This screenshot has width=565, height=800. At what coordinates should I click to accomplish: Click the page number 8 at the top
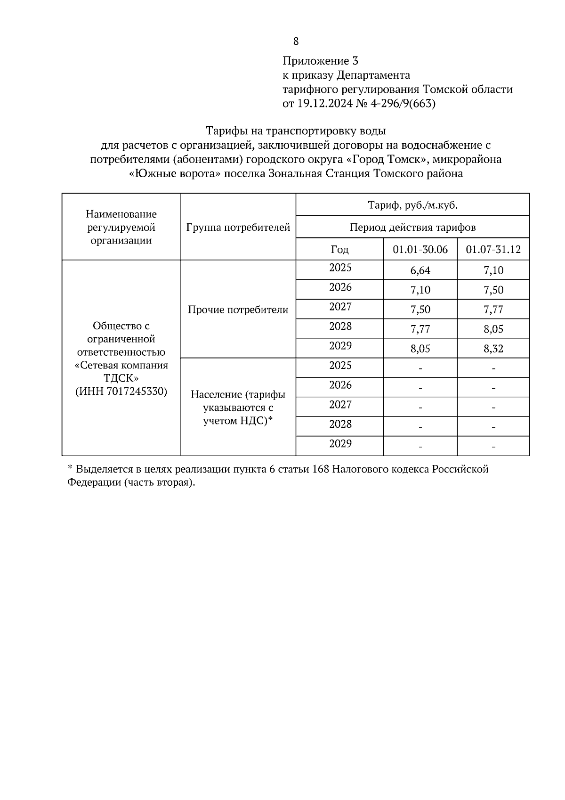coord(296,41)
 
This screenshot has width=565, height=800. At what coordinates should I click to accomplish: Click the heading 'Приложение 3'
coord(320,61)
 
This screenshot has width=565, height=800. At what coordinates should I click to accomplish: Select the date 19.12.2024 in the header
coord(324,104)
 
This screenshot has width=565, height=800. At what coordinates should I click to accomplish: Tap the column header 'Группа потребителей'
coord(238,228)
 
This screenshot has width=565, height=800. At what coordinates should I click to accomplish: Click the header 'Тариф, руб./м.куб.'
coord(412,205)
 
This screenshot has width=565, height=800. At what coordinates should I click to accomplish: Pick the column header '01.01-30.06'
coord(420,249)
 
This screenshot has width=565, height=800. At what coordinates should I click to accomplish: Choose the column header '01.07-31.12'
coord(493,249)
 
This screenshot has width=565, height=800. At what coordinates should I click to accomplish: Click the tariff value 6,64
coord(420,270)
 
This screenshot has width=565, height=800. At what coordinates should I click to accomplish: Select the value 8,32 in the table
coord(493,349)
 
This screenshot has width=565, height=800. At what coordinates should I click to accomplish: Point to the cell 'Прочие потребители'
coord(238,310)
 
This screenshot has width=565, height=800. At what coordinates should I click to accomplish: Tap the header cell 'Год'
coord(339,249)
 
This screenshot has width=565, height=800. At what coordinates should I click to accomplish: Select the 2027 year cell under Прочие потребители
coord(340,307)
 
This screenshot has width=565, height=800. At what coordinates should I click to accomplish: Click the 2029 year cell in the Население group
coord(340,444)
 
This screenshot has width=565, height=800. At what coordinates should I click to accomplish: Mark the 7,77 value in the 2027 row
coord(493,310)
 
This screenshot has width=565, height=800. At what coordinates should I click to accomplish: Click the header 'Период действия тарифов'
coord(412,228)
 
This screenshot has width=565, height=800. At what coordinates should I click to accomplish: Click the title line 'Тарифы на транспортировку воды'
coord(296,131)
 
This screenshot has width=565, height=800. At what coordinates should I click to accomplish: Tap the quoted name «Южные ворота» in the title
coord(175,173)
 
